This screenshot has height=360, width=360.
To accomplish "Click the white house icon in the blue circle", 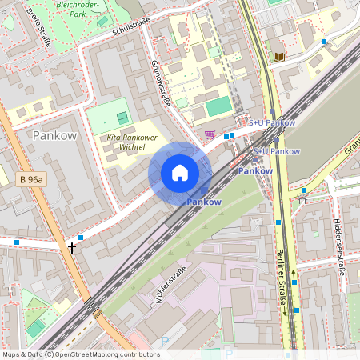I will (180, 173).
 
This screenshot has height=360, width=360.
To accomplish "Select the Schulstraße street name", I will (121, 26).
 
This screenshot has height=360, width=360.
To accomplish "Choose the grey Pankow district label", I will (54, 135).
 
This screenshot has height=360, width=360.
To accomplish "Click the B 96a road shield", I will (30, 180).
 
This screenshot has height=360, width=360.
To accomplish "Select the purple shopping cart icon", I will (210, 134).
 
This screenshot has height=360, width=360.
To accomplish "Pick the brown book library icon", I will (278, 57).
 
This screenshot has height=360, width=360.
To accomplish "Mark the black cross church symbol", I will (72, 247).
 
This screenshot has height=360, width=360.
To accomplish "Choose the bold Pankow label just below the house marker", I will (203, 202).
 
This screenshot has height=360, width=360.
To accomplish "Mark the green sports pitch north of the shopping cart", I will (217, 106).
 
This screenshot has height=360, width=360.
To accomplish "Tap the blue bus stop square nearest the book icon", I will (324, 41).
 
